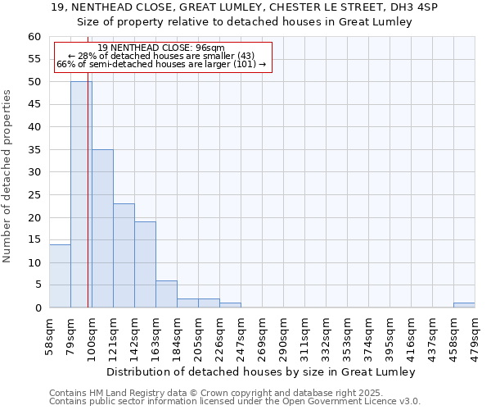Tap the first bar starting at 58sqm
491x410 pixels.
(x=60, y=276)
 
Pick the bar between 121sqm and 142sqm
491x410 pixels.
(x=124, y=255)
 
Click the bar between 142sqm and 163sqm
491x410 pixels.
(x=145, y=264)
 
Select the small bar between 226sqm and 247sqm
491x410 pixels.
(x=230, y=305)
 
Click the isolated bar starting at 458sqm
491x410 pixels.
(x=464, y=305)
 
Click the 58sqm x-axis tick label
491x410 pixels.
(x=49, y=335)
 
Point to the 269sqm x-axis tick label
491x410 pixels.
(x=262, y=335)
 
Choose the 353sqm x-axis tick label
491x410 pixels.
(x=347, y=335)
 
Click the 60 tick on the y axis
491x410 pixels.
(x=34, y=37)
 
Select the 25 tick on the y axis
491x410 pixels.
(x=34, y=195)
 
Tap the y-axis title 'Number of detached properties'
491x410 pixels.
(x=8, y=176)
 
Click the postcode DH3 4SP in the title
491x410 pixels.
(x=417, y=7)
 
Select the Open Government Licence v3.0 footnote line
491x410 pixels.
(x=235, y=402)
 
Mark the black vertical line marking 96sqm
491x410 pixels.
(x=88, y=205)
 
